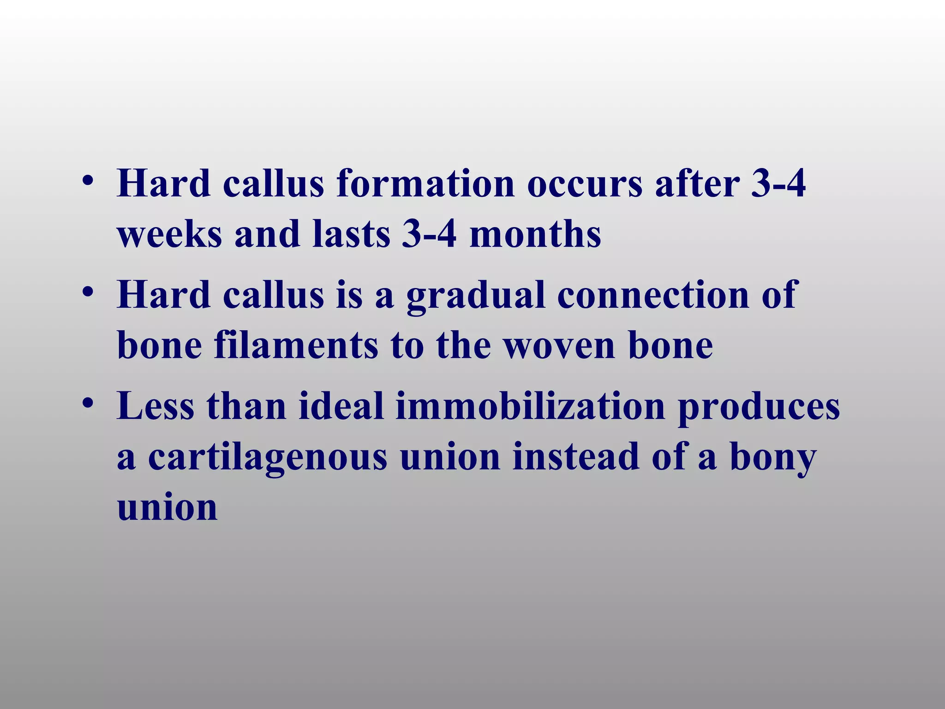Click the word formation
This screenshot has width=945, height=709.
[425, 184]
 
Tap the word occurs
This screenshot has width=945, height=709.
[585, 184]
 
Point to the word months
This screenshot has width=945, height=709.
[535, 234]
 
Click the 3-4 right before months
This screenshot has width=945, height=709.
[429, 234]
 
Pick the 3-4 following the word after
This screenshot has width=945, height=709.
[778, 184]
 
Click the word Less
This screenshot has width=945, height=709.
[156, 406]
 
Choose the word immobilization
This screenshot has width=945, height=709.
[530, 406]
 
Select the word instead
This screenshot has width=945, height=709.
[576, 457]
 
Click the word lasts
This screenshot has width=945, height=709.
[351, 234]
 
